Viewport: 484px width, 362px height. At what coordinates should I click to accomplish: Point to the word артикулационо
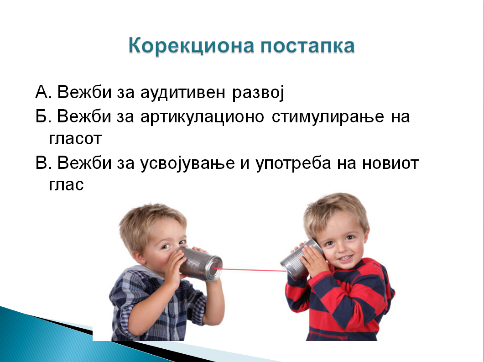coord(202,116)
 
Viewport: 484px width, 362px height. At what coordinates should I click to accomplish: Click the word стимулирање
coord(328,117)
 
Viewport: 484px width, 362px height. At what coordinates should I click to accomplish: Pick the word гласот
coord(75,139)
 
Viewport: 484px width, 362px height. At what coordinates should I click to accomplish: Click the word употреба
coord(293,163)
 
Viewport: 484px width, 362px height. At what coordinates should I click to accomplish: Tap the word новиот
coord(390,163)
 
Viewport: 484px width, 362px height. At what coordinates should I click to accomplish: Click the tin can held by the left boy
coord(201,264)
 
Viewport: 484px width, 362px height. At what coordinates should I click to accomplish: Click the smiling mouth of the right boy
coord(346,257)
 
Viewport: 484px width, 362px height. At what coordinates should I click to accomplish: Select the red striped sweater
coord(339,299)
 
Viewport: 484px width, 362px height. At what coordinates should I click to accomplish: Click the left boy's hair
coord(151,222)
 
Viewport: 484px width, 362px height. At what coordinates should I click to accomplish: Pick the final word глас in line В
coord(66,185)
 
